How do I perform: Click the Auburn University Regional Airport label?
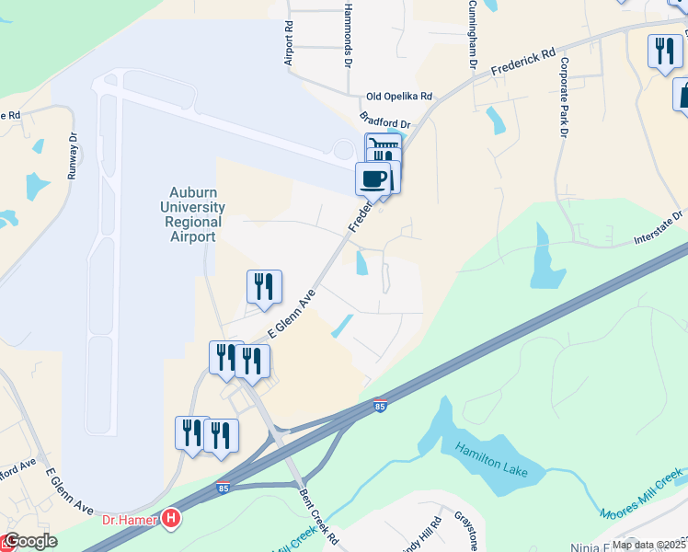[x=193, y=214]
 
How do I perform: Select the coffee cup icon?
[x=373, y=178]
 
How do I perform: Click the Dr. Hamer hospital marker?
[x=170, y=519]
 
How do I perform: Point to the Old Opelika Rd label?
[x=399, y=97]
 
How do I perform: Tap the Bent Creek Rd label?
[x=319, y=521]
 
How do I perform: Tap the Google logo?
[x=30, y=541]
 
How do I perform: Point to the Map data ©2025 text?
[x=648, y=545]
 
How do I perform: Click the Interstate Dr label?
[x=659, y=228]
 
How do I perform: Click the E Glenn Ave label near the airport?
[x=292, y=316]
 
